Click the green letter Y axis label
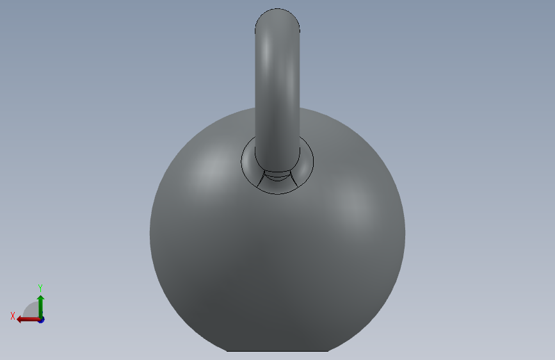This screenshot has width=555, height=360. pos(40,288)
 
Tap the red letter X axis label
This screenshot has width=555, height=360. pos(13,316)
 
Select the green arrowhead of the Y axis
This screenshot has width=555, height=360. pos(41,298)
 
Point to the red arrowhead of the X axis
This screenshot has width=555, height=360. pos(19,320)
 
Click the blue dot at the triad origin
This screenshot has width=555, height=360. pos(42,320)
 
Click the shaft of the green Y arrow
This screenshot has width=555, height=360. pos(41,309)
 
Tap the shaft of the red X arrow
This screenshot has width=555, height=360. pos(31,320)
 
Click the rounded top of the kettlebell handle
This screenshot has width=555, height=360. pos(278,19)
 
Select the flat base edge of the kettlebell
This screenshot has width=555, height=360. pos(278,351)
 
